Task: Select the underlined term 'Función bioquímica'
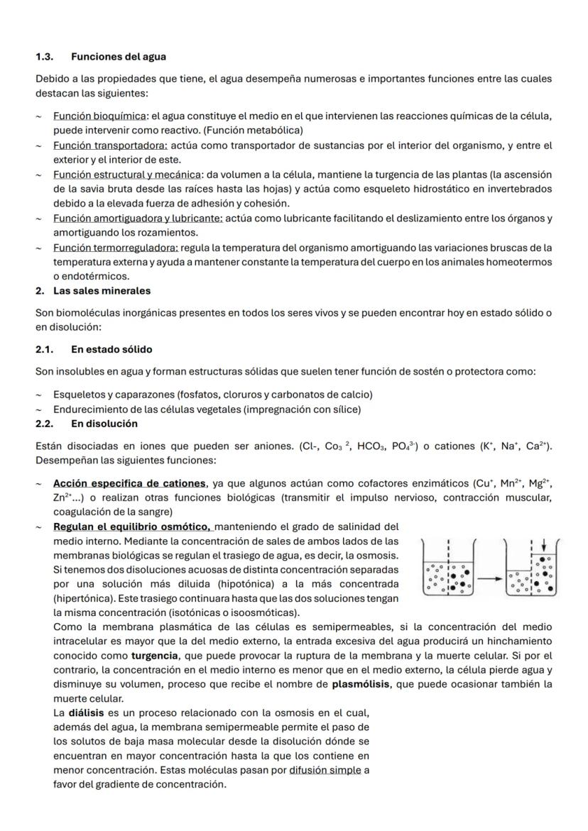(99, 116)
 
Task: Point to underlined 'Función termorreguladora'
(116, 248)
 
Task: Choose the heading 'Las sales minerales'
(102, 291)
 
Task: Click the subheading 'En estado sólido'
(111, 350)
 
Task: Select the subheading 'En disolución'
(104, 424)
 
